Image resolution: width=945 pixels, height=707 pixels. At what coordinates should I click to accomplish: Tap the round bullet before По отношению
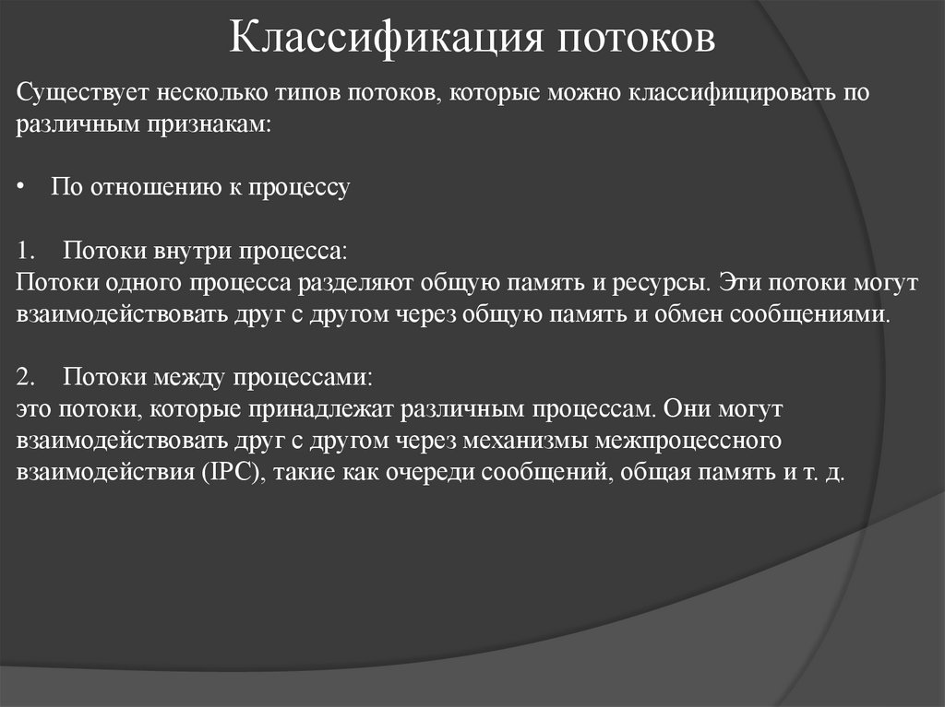22,188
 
